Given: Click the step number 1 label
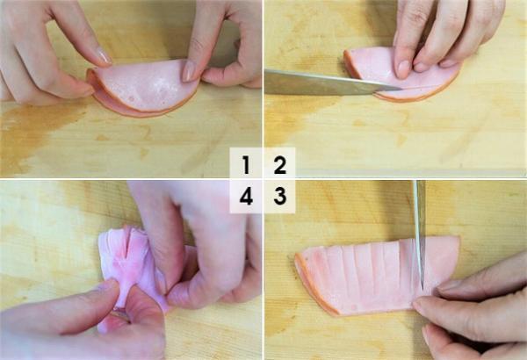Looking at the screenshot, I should (246, 163).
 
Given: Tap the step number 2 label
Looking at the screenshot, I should (279, 163).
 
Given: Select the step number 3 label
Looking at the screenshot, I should (279, 197).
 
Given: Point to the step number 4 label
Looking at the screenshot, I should (246, 197).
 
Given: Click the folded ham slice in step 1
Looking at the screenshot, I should (145, 88).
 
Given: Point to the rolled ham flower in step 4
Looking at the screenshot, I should (123, 263).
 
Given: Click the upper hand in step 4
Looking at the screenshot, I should (193, 237).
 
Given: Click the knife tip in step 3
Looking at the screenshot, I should (422, 286).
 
